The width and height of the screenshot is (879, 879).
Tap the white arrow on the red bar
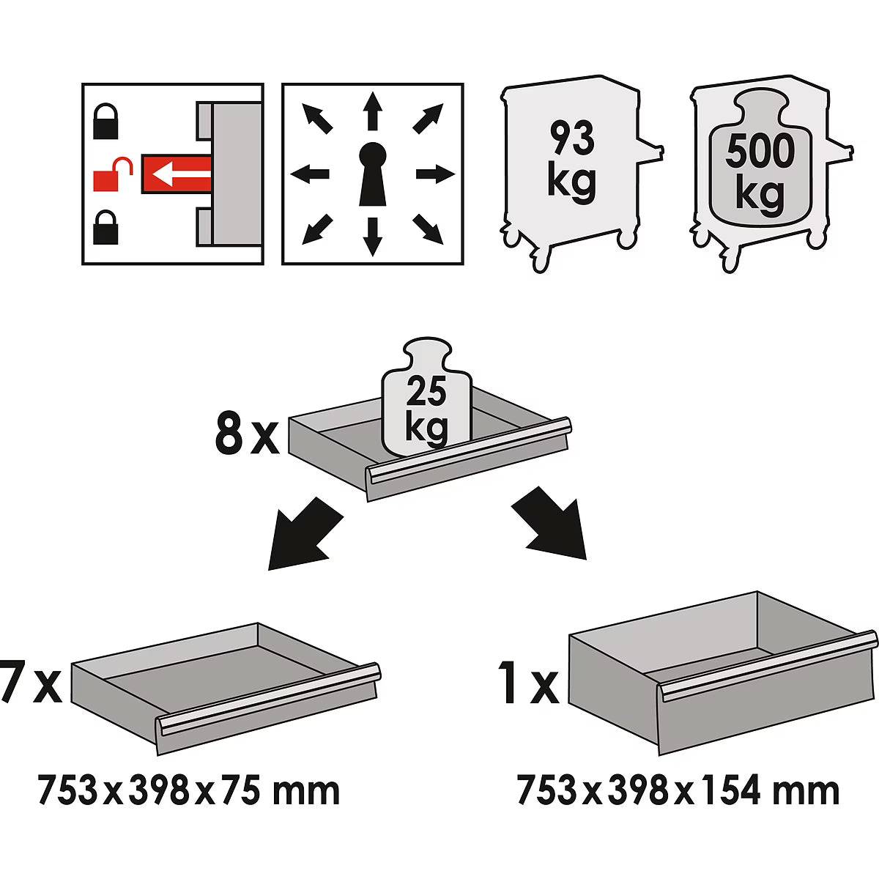[181, 174]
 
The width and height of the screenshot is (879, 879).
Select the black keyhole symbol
[373, 174]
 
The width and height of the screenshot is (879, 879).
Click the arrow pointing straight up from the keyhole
[373, 111]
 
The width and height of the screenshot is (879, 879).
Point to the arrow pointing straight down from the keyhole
[373, 237]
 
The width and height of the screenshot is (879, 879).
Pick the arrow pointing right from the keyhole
[436, 174]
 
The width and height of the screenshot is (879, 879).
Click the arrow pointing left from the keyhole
[310, 174]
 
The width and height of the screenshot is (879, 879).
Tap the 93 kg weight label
[571, 161]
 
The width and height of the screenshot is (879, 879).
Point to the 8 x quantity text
[247, 434]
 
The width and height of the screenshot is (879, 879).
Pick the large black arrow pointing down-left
[304, 535]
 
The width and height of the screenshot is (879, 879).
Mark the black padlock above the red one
[105, 121]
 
